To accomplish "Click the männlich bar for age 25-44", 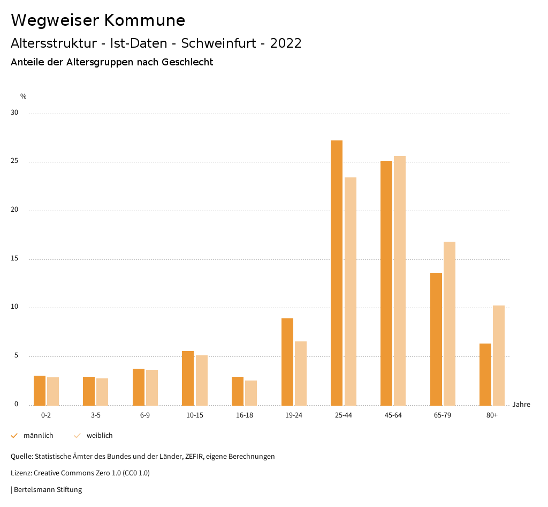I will click(x=337, y=273).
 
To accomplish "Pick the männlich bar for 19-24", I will click(x=287, y=362).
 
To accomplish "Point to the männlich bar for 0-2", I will click(x=40, y=390).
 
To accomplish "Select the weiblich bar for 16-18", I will click(x=251, y=393).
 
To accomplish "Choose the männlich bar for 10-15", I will click(x=188, y=378).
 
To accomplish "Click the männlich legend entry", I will click(x=38, y=436).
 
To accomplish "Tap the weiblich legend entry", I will click(x=100, y=436).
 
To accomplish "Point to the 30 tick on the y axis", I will click(x=14, y=113).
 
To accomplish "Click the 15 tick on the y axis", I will click(x=14, y=259).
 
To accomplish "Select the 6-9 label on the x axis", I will click(x=145, y=415).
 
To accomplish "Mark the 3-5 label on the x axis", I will click(x=95, y=415).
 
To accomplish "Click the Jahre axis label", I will click(x=521, y=405).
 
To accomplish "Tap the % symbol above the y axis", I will click(x=24, y=96).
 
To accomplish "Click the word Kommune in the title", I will click(x=144, y=20).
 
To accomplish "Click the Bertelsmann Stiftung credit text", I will click(x=48, y=490).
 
